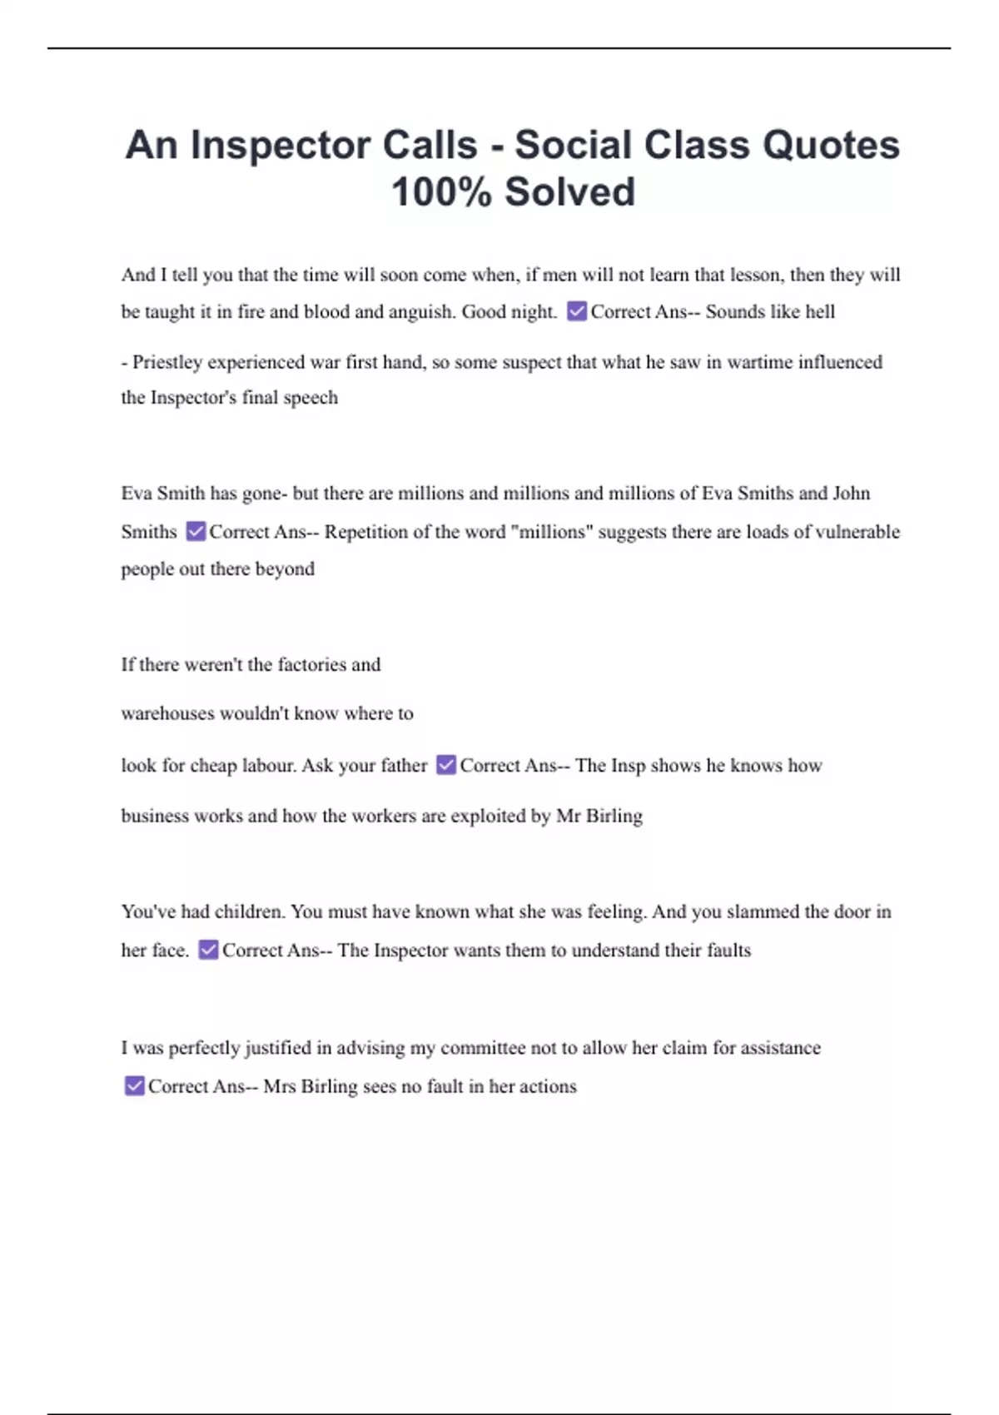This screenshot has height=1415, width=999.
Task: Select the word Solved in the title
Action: (x=569, y=192)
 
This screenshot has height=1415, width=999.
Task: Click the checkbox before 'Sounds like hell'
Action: (x=576, y=311)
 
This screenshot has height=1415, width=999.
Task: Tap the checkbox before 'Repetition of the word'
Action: (x=196, y=531)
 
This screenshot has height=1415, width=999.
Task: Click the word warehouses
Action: (x=166, y=713)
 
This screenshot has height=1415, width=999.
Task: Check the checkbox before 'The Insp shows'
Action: (x=446, y=765)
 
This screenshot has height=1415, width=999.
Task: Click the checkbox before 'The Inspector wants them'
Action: (x=208, y=950)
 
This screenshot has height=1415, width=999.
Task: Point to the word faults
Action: (x=728, y=950)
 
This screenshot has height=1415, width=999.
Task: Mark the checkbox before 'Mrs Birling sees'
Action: (x=134, y=1086)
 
